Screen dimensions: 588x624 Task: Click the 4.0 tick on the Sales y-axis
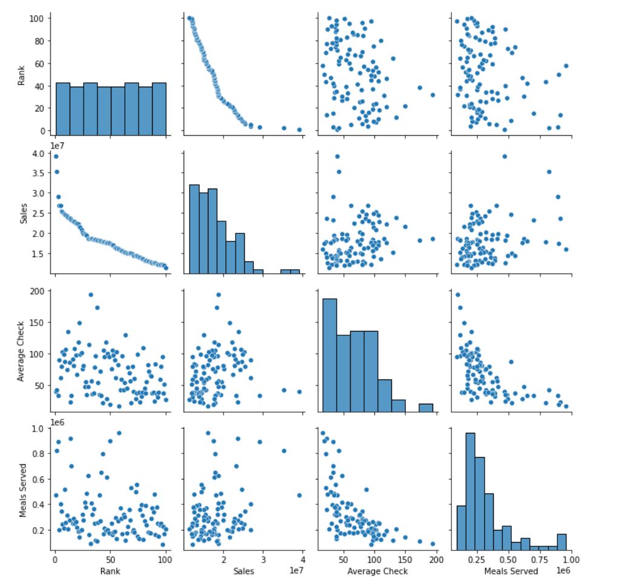38,153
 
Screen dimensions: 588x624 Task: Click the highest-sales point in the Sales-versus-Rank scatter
56,156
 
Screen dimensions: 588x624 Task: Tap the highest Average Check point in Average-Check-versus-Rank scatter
90,295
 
